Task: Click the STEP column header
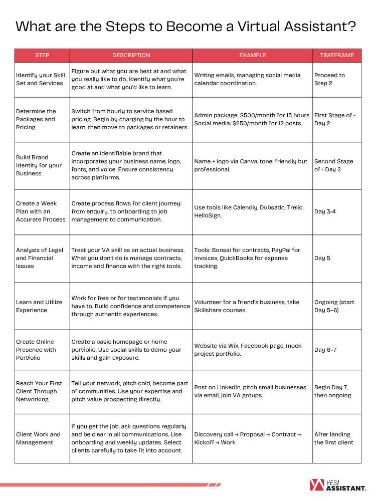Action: pyautogui.click(x=42, y=55)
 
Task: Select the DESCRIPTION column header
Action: pyautogui.click(x=131, y=55)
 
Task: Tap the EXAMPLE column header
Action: pyautogui.click(x=253, y=55)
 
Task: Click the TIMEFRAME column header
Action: pyautogui.click(x=337, y=55)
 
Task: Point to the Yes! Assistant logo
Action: pyautogui.click(x=338, y=484)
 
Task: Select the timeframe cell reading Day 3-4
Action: pyautogui.click(x=325, y=211)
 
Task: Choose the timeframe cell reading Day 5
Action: pyautogui.click(x=322, y=258)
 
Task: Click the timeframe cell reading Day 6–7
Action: pyautogui.click(x=325, y=350)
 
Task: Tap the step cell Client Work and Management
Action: pyautogui.click(x=38, y=438)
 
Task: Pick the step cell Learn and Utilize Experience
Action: pyautogui.click(x=39, y=306)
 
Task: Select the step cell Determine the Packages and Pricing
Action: pyautogui.click(x=36, y=119)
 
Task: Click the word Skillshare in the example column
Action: pyautogui.click(x=211, y=310)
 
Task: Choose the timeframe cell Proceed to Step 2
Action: pyautogui.click(x=329, y=79)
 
